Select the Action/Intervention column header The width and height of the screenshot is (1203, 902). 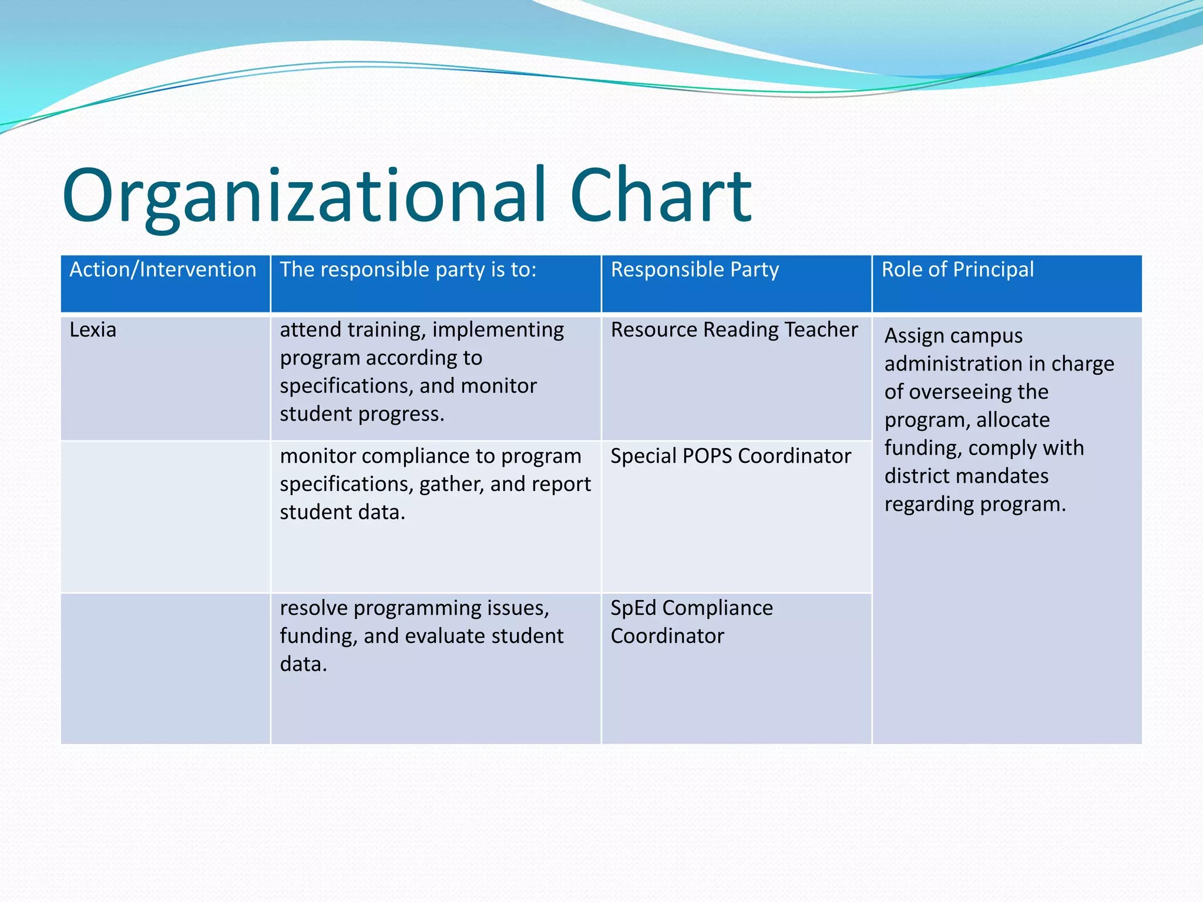point(163,270)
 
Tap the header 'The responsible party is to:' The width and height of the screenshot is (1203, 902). point(408,270)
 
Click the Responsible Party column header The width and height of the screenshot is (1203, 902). point(694,270)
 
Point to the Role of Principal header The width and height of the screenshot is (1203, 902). point(957,270)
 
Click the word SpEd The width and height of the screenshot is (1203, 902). point(633,608)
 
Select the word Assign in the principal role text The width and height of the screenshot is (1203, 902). point(914,336)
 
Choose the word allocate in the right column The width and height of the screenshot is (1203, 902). point(1013,420)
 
